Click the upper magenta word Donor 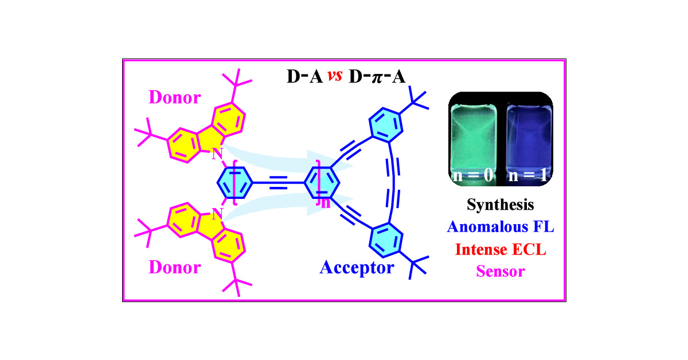click(175, 97)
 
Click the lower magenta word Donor click(175, 267)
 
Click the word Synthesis click(501, 204)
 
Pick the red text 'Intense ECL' click(501, 249)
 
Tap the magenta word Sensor click(501, 271)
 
